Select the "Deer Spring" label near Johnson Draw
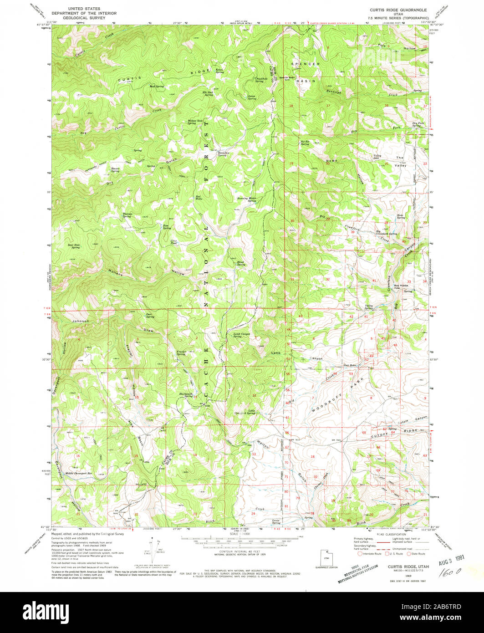[149, 316]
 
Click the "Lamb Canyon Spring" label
[242, 336]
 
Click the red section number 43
[301, 316]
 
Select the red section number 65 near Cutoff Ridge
[364, 432]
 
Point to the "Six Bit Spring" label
[305, 143]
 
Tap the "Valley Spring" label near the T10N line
[369, 307]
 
